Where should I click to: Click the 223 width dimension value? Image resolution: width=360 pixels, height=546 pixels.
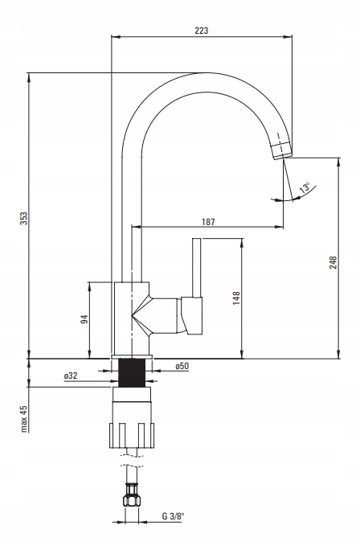[202, 31]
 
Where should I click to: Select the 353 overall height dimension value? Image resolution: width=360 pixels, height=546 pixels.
[23, 218]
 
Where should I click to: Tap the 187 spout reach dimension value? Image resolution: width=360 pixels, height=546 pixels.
[208, 222]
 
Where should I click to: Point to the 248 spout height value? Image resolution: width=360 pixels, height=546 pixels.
[333, 263]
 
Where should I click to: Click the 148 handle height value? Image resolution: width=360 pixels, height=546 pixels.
[236, 298]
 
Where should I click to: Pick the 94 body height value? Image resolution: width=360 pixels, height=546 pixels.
[84, 319]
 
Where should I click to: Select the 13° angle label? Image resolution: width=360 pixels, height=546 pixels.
[305, 188]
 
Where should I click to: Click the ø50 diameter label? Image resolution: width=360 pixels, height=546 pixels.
[182, 366]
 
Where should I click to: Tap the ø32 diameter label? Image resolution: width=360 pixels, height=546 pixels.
[71, 376]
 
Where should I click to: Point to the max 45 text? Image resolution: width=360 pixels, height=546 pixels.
[23, 419]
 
